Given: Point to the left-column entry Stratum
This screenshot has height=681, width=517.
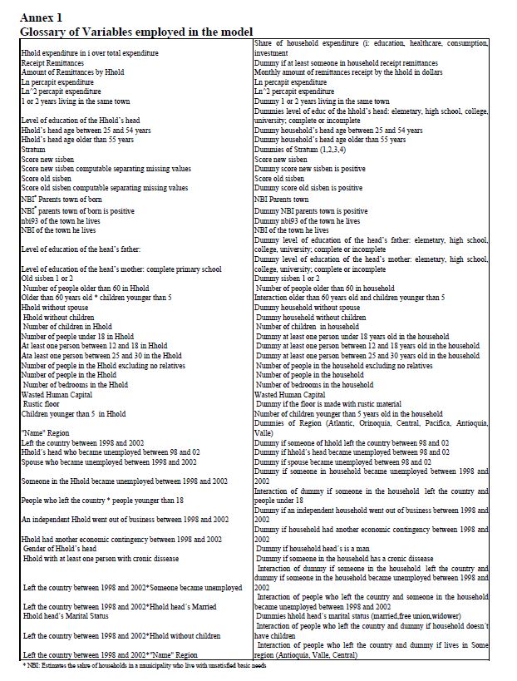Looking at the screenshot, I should click(x=34, y=150).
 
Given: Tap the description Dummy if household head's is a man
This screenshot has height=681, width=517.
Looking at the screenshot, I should click(x=332, y=550).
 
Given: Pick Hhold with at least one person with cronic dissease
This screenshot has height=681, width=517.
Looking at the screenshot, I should click(x=107, y=559).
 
